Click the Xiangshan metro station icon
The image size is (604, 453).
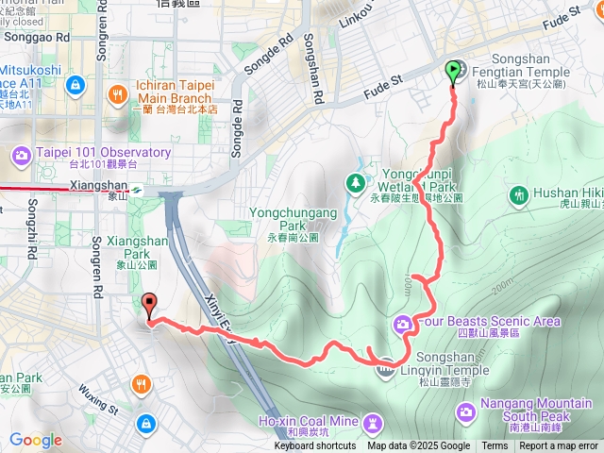point(137,187)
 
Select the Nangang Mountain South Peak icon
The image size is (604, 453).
point(466,411)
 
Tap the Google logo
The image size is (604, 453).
point(35,440)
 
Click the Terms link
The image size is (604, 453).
point(495,446)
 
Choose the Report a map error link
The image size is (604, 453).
point(559,446)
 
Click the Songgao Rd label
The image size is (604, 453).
point(37,38)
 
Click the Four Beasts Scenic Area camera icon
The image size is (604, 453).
point(403,324)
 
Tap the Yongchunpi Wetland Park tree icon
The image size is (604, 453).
point(356,180)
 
